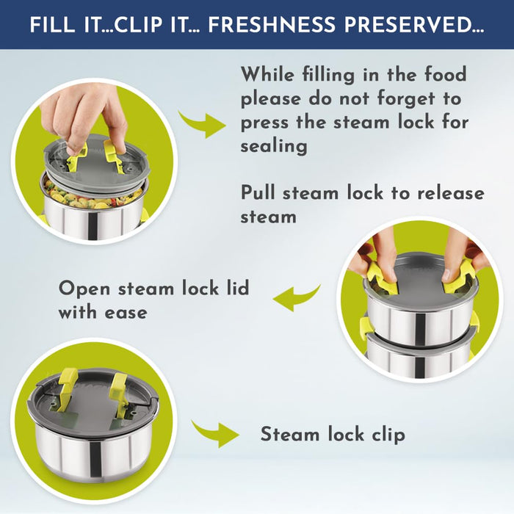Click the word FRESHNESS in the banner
pyautogui.click(x=272, y=25)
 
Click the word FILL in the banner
pyautogui.click(x=52, y=25)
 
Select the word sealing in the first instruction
pyautogui.click(x=274, y=146)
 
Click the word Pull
pyautogui.click(x=258, y=192)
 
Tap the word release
pyautogui.click(x=450, y=192)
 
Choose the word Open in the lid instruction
pyautogui.click(x=84, y=289)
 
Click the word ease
pyautogui.click(x=126, y=313)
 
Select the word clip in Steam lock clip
pyautogui.click(x=388, y=435)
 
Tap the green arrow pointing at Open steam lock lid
pyautogui.click(x=296, y=297)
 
